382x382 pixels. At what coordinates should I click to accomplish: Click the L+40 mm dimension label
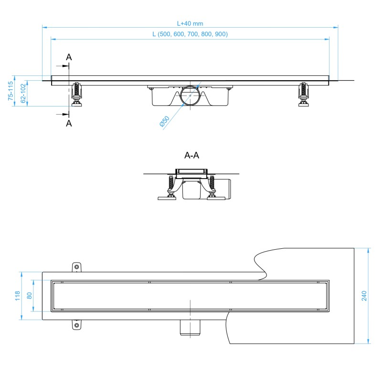coord(190,23)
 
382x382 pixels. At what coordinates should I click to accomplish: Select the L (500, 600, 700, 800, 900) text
coord(190,34)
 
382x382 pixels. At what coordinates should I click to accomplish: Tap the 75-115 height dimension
coord(11,91)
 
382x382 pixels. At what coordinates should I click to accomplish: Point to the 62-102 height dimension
coord(23,93)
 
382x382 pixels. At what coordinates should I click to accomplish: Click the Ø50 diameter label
coord(164,121)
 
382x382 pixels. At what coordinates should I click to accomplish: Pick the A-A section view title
coord(192,155)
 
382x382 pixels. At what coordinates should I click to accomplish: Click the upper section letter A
coord(69,57)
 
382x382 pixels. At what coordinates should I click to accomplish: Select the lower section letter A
coord(69,123)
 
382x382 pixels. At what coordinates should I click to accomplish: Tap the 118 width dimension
coord(18,296)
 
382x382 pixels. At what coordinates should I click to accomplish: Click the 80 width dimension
coord(29,296)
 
